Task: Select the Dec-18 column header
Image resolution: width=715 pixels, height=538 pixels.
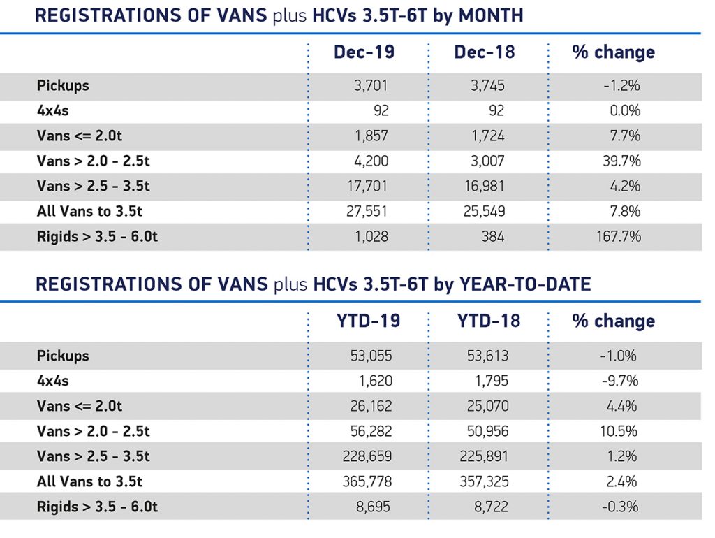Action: pyautogui.click(x=484, y=52)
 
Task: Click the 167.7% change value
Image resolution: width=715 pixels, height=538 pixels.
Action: pyautogui.click(x=617, y=236)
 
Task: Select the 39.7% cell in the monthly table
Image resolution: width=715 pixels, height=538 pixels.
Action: pyautogui.click(x=619, y=161)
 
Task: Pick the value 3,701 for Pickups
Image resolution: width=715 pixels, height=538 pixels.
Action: pyautogui.click(x=371, y=85)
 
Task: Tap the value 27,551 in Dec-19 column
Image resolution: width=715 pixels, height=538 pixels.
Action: pyautogui.click(x=367, y=211)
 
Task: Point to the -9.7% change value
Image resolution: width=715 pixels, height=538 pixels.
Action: pyautogui.click(x=619, y=381)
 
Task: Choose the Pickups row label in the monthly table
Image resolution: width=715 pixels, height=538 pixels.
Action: pyautogui.click(x=63, y=85)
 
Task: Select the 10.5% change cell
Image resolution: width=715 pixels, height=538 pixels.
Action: pyautogui.click(x=619, y=431)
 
